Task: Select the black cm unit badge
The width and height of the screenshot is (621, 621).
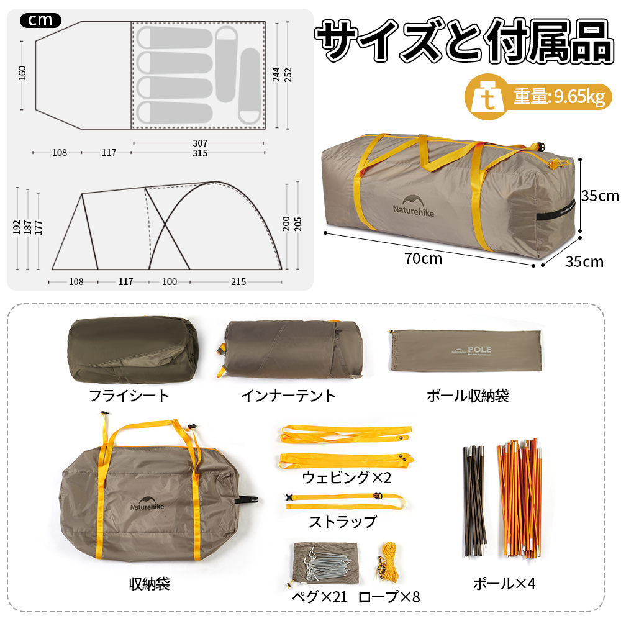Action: pyautogui.click(x=40, y=20)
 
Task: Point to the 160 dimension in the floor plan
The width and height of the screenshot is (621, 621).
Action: pyautogui.click(x=22, y=73)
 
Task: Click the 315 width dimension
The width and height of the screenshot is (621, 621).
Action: pyautogui.click(x=199, y=153)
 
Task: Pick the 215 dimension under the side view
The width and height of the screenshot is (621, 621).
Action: pyautogui.click(x=238, y=282)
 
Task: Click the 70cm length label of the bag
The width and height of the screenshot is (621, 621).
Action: pyautogui.click(x=423, y=259)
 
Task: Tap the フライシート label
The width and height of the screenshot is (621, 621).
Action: pyautogui.click(x=129, y=396)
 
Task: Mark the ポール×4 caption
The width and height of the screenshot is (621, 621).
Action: pyautogui.click(x=504, y=584)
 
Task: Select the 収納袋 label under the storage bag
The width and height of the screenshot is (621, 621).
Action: pyautogui.click(x=149, y=584)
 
